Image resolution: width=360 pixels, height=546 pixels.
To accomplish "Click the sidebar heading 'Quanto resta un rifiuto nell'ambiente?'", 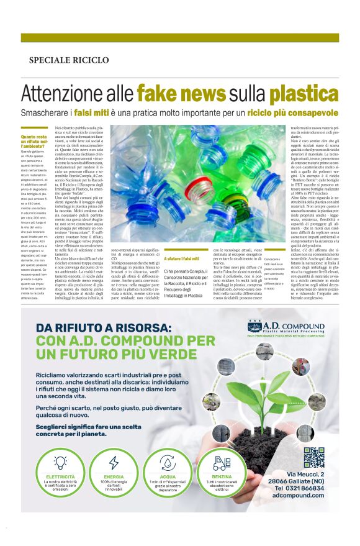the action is click(x=34, y=141).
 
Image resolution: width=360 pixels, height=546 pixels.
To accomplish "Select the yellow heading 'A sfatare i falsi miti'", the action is click(x=182, y=258).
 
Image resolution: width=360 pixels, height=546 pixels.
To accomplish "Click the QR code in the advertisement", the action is click(x=315, y=458).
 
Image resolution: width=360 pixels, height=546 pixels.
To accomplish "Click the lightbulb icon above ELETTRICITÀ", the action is click(x=61, y=463).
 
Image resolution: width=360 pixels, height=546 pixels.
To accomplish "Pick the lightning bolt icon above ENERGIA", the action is click(x=114, y=463).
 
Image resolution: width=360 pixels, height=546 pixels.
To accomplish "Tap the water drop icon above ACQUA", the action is click(x=168, y=463).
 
